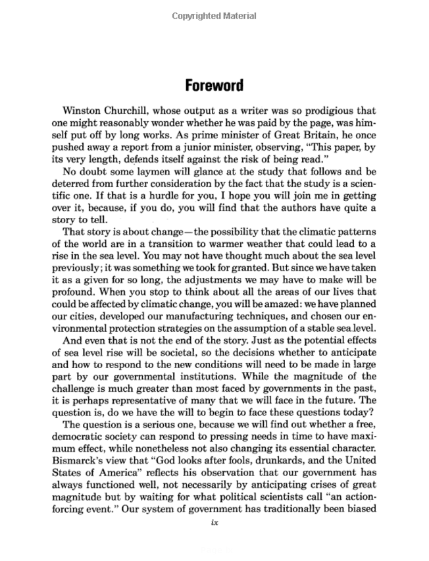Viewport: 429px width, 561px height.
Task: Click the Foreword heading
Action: pos(214,86)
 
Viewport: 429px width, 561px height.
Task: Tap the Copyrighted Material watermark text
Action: pos(214,16)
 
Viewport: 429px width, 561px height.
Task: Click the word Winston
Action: pos(82,111)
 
